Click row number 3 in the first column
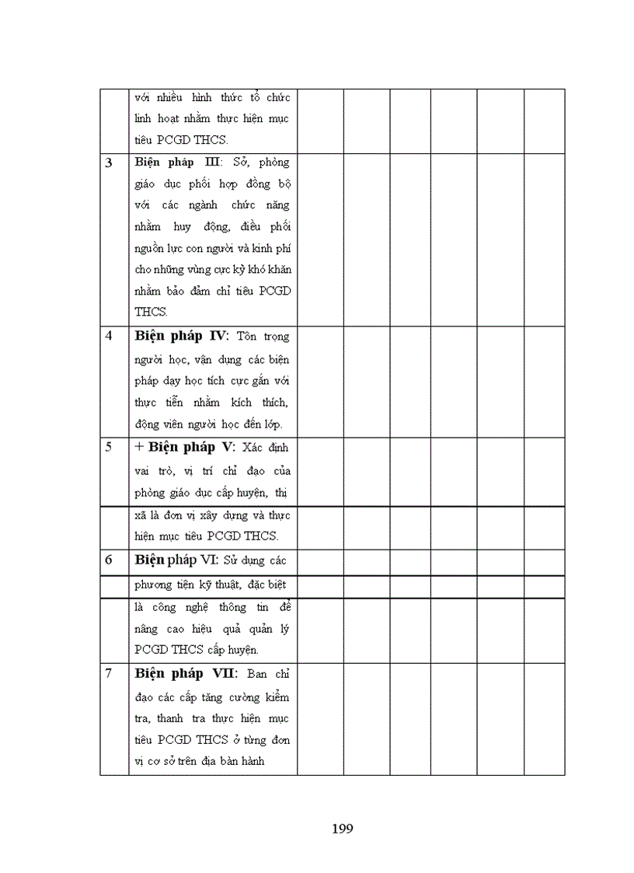[109, 162]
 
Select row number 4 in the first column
[109, 337]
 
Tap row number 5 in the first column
[109, 447]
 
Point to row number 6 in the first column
[109, 560]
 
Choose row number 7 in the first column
[109, 673]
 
